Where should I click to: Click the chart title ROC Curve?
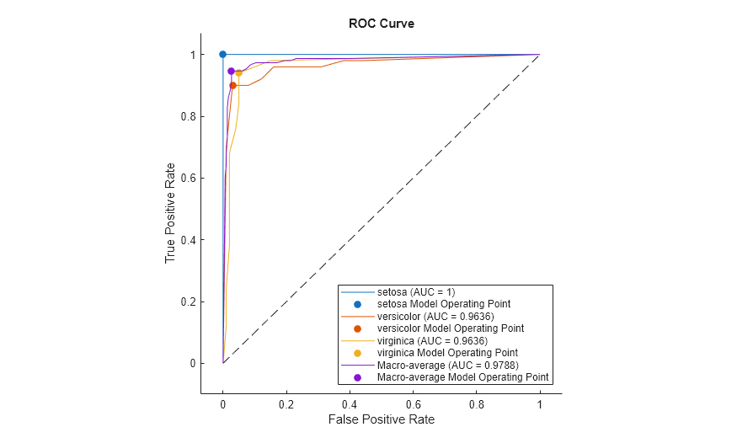381,24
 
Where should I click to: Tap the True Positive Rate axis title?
170,212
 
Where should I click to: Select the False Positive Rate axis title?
381,419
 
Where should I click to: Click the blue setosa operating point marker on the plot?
223,54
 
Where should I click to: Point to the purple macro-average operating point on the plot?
231,72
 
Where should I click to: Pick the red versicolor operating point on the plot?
233,85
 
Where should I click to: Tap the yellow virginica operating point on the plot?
239,73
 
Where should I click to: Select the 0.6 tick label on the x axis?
413,403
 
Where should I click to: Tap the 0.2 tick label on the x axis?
286,403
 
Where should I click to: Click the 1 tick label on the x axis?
540,403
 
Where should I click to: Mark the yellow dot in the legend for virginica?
357,353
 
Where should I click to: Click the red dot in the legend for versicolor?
357,328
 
